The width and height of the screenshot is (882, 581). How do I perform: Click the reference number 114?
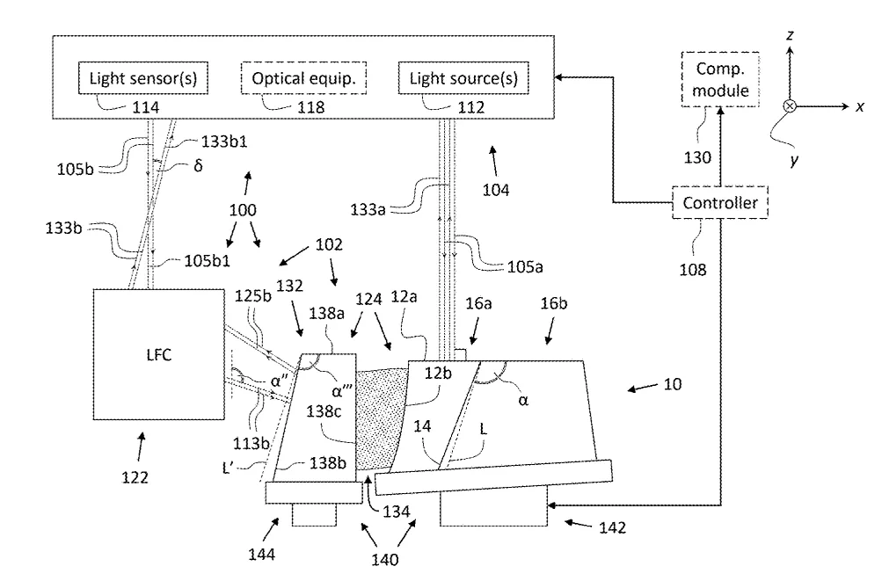tap(145, 107)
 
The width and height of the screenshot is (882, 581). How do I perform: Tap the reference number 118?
tap(310, 107)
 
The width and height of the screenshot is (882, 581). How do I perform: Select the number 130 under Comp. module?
tap(697, 157)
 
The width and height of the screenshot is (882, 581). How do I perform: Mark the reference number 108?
tap(692, 270)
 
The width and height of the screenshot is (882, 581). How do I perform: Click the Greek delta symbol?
tap(198, 166)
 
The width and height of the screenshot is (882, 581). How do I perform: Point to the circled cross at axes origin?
tap(790, 106)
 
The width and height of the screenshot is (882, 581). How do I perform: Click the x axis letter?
tap(859, 107)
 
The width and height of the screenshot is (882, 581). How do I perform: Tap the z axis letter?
tap(790, 35)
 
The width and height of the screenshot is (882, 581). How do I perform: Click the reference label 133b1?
tap(224, 142)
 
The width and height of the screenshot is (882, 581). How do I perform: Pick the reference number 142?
tap(612, 527)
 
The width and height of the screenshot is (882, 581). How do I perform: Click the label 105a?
tap(525, 266)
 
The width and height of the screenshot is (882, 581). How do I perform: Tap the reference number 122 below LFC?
tap(135, 477)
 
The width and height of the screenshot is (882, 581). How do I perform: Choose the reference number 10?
tap(673, 385)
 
